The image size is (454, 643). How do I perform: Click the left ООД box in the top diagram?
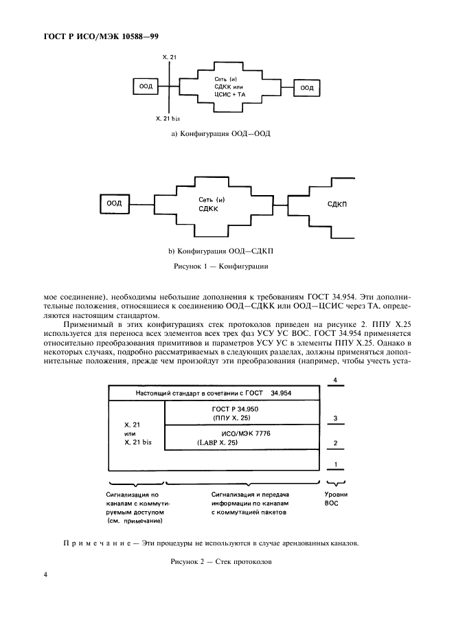coord(146,87)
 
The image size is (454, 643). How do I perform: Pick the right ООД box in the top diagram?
coord(307,87)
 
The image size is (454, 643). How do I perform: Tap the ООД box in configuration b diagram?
coord(114,203)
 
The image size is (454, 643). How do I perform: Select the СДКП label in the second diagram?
coord(337,205)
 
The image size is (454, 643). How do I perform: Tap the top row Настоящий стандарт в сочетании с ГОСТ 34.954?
coord(214,392)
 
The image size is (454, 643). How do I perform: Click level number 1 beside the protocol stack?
coord(334,466)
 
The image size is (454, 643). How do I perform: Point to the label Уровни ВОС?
coord(334,499)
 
